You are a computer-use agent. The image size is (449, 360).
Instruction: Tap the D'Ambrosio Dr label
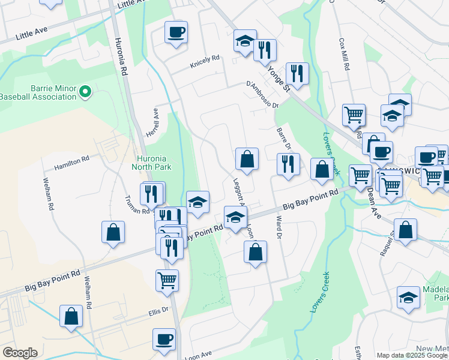tap(262, 95)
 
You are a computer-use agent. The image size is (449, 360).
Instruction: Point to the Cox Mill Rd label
tap(344, 55)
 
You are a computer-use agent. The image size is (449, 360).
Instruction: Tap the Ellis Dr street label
tap(159, 313)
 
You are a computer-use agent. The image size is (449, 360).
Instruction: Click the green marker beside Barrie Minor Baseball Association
tap(85, 92)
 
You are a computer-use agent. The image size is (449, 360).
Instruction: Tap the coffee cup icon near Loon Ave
tap(163, 338)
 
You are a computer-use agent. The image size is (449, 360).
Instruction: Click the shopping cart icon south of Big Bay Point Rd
tap(167, 279)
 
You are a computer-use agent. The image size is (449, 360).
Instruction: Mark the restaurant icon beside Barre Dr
tap(288, 164)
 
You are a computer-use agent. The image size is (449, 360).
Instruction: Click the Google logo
tap(20, 352)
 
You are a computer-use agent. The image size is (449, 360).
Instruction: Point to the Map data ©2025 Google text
tap(412, 355)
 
